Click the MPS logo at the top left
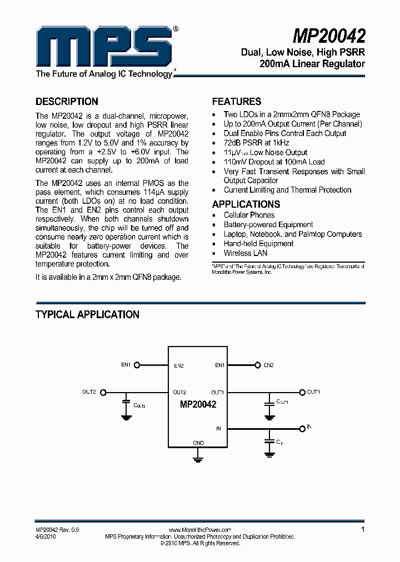(103, 47)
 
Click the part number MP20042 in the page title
(329, 36)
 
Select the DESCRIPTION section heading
(67, 102)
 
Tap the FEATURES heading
(237, 102)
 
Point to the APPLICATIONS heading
(246, 204)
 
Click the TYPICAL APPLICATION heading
(87, 314)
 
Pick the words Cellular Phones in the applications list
(249, 215)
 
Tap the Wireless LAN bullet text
(246, 253)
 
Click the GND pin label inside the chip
(198, 443)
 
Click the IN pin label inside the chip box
(218, 428)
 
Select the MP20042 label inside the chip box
(198, 405)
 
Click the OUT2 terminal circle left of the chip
(102, 392)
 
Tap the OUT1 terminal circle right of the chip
(302, 392)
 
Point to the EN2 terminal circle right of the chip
(257, 365)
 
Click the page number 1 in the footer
(363, 530)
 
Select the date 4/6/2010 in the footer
(46, 537)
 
